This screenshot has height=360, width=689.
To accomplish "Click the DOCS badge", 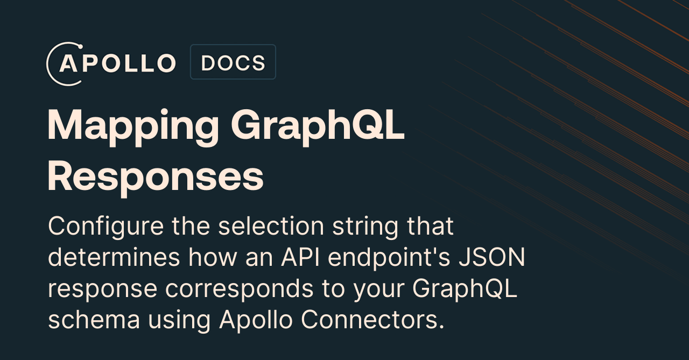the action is coord(233,62).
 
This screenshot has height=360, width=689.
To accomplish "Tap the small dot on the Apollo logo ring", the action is coord(81,47).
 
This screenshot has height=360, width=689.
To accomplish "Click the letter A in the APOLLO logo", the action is coord(68,63).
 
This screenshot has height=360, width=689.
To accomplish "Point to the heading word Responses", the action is coord(156,178).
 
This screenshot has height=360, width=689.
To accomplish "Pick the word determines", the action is coord(114,257).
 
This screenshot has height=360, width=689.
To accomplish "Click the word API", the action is coord(300,257).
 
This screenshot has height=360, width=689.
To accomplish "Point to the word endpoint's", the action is coord(389,258).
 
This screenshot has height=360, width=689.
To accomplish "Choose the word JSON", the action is coord(491,257).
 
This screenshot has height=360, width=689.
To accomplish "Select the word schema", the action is coord(94,320).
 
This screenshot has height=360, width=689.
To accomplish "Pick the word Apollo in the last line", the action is coord(256,320).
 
